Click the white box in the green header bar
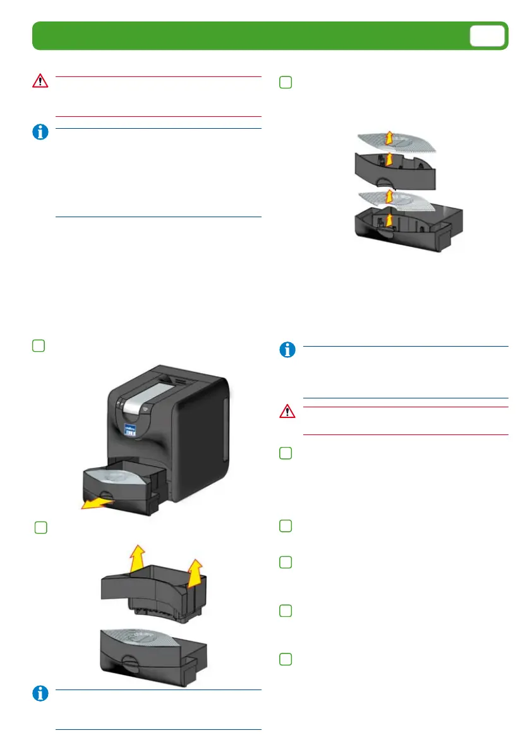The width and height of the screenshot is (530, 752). [x=488, y=36]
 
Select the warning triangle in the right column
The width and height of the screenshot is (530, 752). [x=288, y=412]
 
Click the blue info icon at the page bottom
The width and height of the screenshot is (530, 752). [x=40, y=694]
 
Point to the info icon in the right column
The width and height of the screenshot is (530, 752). [x=288, y=350]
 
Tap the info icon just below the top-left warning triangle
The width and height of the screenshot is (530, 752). [x=40, y=133]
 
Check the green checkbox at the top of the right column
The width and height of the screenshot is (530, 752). [x=286, y=82]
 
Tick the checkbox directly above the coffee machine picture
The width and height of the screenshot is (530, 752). [x=38, y=345]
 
